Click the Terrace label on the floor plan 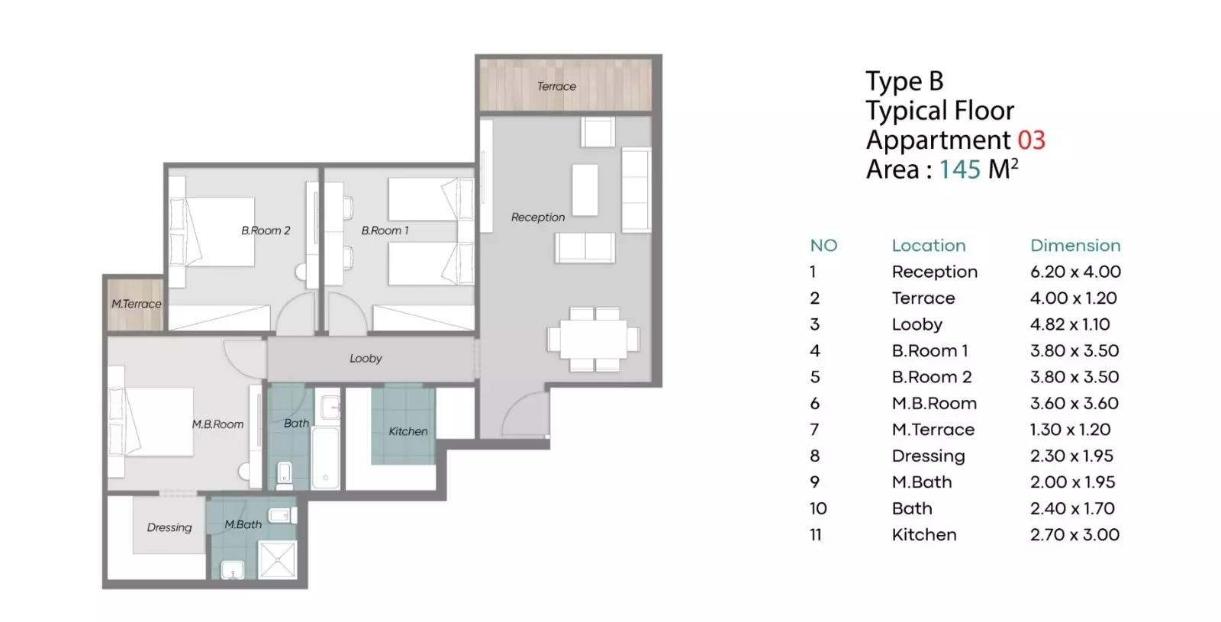(556, 86)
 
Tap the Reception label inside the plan (538, 217)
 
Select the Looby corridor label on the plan (366, 358)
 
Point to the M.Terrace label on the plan (137, 304)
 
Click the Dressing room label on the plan (169, 527)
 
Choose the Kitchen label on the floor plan (408, 431)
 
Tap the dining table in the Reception (594, 339)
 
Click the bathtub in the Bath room (325, 457)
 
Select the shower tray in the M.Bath (278, 559)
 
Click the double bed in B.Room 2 (213, 232)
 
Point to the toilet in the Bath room (285, 475)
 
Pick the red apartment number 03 (1031, 140)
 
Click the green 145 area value (960, 169)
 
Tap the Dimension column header (1075, 245)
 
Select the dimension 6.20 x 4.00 (1075, 272)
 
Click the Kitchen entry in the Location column (924, 535)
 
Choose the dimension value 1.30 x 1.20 (1070, 430)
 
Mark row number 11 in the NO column (815, 535)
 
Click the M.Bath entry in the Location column (922, 482)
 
